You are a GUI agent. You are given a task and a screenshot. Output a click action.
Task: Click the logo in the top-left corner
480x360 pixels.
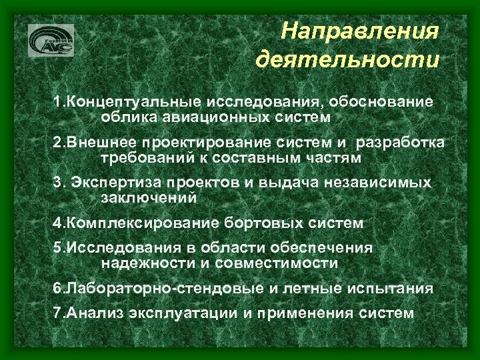click(51, 41)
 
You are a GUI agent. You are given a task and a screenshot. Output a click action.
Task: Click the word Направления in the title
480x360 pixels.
click(360, 31)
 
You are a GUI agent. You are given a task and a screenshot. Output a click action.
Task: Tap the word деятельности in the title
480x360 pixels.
click(347, 61)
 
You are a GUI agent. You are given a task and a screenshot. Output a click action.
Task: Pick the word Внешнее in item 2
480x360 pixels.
click(99, 143)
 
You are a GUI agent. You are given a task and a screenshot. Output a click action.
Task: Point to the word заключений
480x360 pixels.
click(149, 198)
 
